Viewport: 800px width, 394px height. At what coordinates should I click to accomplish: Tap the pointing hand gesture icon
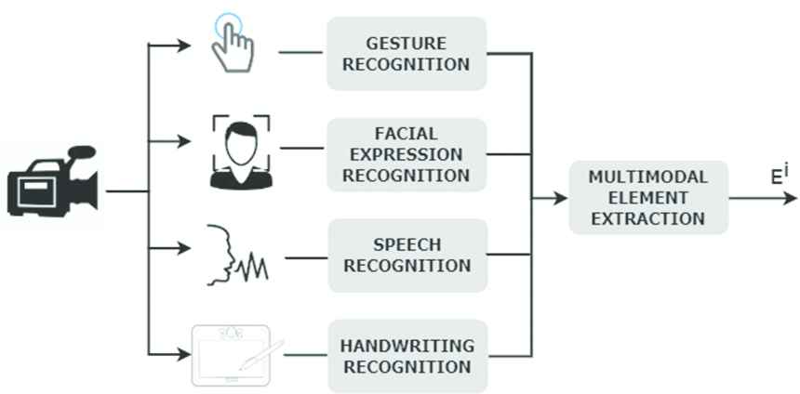[232, 43]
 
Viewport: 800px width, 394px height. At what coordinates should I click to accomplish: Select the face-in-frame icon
[241, 151]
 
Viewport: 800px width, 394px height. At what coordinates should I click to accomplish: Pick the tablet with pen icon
[237, 354]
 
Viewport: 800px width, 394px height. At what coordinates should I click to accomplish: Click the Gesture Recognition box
[407, 53]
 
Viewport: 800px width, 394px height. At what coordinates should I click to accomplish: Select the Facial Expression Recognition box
[407, 154]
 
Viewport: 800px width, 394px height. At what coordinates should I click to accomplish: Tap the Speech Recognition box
[407, 255]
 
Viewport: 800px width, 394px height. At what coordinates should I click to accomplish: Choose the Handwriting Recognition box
[407, 355]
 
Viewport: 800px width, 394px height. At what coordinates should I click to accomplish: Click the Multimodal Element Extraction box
[648, 197]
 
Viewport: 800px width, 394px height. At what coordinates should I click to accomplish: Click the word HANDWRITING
[407, 345]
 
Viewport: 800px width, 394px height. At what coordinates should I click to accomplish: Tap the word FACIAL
[407, 134]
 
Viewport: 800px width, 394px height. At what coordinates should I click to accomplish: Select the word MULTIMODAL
[648, 177]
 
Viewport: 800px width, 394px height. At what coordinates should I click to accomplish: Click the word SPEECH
[407, 244]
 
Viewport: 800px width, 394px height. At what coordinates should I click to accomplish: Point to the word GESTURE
[407, 43]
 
